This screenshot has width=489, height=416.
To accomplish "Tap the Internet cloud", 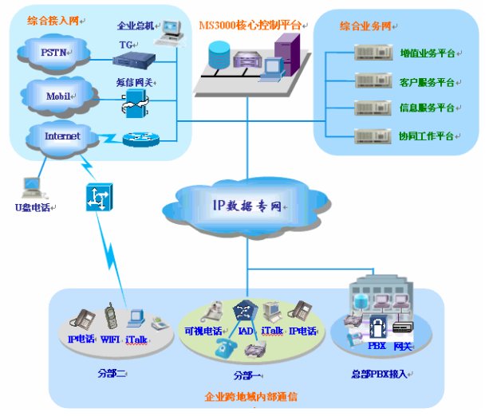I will tap(62, 136).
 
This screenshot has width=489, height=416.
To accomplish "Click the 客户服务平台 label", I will tap(427, 81).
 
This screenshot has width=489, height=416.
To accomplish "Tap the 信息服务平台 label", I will tap(427, 108).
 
